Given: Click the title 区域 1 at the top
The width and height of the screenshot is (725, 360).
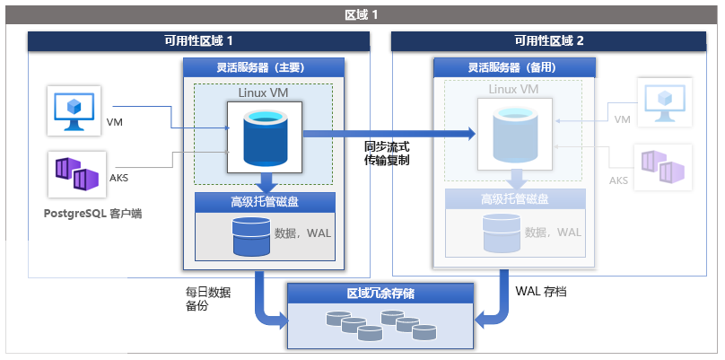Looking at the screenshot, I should pos(362,15).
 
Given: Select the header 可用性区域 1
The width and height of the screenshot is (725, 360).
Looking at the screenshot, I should pos(198,41).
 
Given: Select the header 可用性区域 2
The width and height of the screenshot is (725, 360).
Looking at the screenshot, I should pos(548,41).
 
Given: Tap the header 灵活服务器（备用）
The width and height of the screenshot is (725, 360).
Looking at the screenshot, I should pos(512,67).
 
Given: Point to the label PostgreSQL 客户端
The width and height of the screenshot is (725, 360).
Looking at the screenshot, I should pos(92,214).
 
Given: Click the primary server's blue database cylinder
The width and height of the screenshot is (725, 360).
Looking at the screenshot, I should pos(264,135).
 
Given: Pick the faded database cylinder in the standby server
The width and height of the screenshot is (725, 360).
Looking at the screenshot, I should pos(513,135).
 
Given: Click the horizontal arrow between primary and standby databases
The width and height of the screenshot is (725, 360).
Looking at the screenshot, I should pos(386,134).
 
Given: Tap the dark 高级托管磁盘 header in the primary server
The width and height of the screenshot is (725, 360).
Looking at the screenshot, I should pos(264,200).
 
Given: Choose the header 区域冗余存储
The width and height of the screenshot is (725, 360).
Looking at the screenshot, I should pos(380,294).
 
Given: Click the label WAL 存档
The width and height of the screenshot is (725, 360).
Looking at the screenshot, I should pos(541,292).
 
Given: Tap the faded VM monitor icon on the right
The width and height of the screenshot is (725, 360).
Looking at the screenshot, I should pos(665,101).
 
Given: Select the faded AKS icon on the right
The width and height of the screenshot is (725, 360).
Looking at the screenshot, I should pos(665,166).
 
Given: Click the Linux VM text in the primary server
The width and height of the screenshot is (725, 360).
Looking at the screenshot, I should pos(263,92).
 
